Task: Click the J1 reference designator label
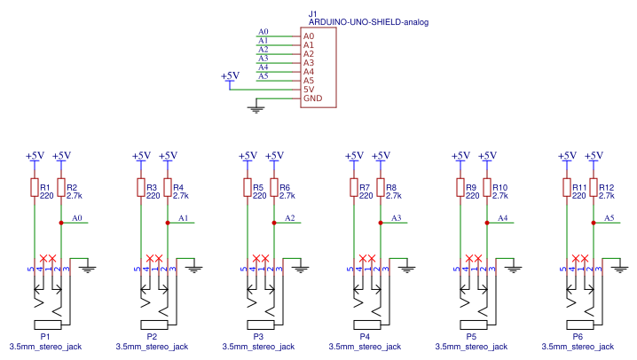(312, 14)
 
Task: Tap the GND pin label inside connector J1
(312, 98)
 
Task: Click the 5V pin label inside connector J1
(309, 90)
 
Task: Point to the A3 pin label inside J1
(309, 63)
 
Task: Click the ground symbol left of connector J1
(257, 108)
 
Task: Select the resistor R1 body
(34, 189)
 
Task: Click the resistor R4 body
(167, 189)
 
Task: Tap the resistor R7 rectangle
(353, 189)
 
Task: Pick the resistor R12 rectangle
(593, 189)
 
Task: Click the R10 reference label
(499, 187)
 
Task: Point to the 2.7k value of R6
(287, 196)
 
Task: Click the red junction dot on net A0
(60, 223)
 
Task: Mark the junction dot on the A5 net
(593, 223)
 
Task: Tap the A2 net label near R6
(290, 218)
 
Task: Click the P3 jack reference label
(258, 337)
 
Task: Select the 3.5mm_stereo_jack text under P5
(470, 347)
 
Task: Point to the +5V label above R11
(566, 156)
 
